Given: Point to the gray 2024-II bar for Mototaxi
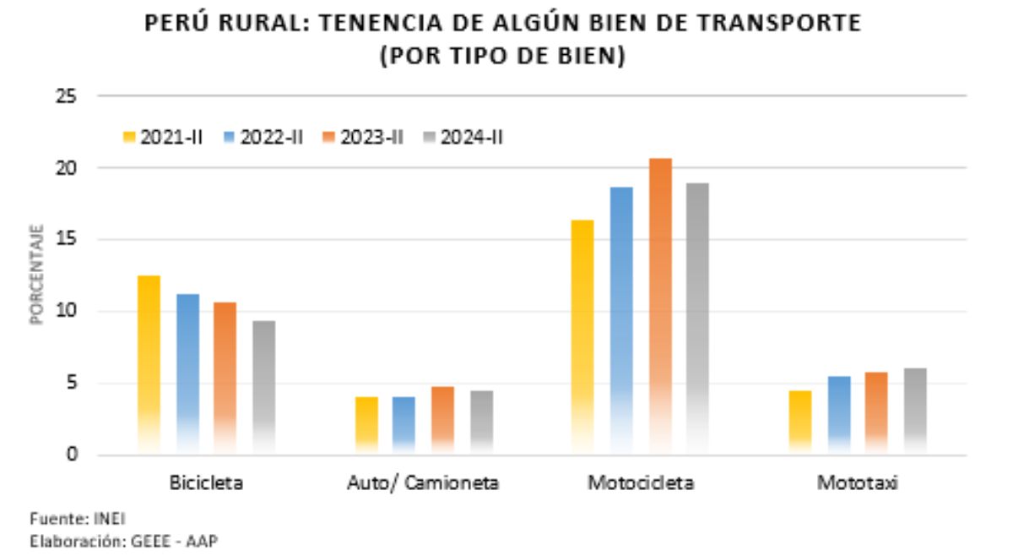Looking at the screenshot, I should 915,410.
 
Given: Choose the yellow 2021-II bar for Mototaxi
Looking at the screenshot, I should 800,421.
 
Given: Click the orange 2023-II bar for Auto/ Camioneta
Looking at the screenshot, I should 442,418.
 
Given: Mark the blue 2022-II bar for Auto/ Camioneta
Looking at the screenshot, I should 404,422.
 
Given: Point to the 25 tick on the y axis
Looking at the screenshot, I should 69,96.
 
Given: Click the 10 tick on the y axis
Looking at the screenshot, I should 69,311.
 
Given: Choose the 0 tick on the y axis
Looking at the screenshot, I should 73,455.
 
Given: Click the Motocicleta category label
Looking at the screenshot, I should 641,483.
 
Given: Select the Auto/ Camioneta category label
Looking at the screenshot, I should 423,483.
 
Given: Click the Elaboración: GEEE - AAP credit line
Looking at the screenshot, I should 123,541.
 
